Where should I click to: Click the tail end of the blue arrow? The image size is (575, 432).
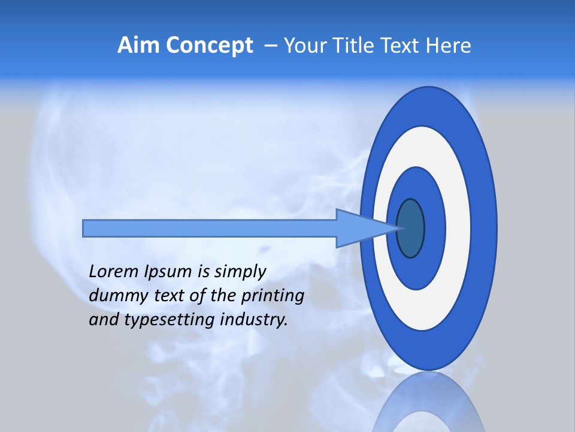pyautogui.click(x=86, y=228)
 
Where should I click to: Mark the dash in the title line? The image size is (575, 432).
pyautogui.click(x=270, y=46)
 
